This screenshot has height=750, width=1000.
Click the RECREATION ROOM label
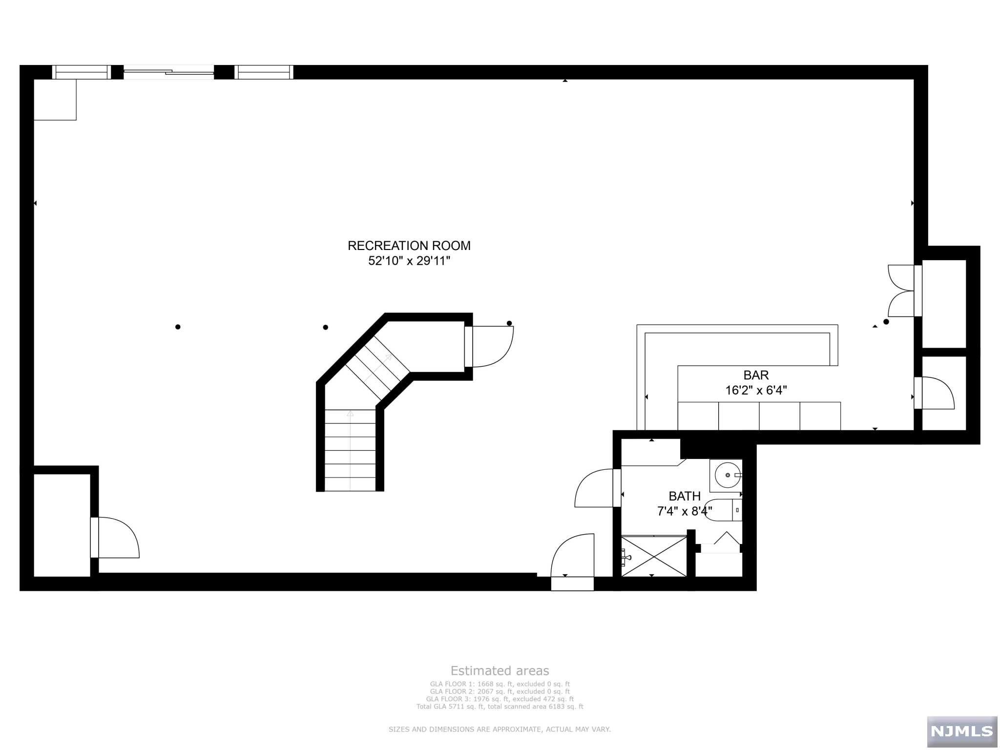tap(409, 246)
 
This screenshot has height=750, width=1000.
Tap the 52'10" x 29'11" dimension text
tap(409, 261)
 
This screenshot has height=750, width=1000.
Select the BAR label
tap(756, 375)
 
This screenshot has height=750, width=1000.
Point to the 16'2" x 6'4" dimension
tap(756, 390)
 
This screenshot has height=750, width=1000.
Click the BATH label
tap(685, 496)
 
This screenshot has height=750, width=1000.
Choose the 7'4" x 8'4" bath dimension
tap(685, 511)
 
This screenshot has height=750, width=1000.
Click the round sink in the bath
tap(727, 475)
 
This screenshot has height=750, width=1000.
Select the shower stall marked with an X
tap(653, 556)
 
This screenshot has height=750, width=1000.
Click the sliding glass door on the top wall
tap(168, 72)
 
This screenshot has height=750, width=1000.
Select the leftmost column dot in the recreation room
tap(178, 327)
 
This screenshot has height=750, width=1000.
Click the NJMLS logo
tap(961, 731)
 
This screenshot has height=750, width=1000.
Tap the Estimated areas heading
tap(500, 670)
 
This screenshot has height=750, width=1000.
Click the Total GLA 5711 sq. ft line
tap(500, 707)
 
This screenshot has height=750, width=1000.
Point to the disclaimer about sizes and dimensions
tap(500, 729)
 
